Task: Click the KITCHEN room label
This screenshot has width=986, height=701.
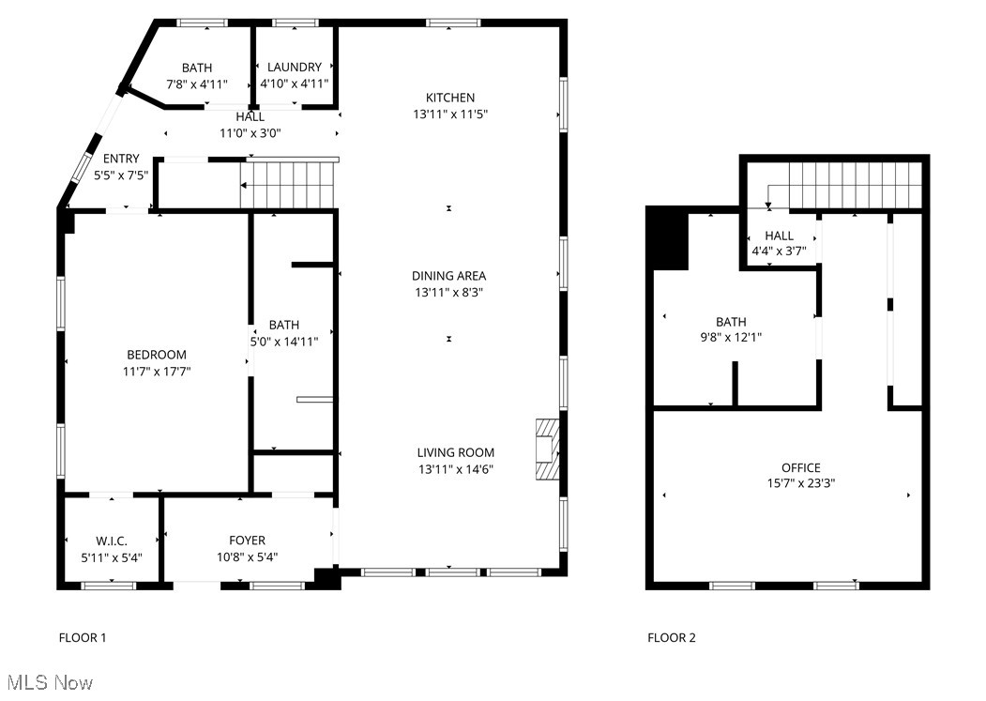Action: coord(450,98)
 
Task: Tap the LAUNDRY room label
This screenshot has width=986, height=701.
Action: coord(294,68)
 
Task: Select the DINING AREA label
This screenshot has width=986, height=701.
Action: coord(450,276)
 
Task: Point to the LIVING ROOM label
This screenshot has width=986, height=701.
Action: coord(456,452)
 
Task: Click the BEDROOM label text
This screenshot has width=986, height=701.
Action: coord(157,355)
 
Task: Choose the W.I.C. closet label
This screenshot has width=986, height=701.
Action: coord(111,541)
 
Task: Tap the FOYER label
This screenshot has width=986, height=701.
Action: coord(247,541)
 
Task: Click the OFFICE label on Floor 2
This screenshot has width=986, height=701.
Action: coord(800,467)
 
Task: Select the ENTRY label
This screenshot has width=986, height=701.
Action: coord(121,159)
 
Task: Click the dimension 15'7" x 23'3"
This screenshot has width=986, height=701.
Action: coord(800,483)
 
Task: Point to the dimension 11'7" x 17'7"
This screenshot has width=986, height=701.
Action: coord(157,371)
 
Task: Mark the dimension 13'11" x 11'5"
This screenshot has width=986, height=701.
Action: coord(450,114)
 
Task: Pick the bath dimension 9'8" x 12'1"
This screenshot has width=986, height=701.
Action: coord(731,338)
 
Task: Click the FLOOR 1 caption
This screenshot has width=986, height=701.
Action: coord(83,638)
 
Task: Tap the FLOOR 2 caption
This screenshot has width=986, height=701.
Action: coord(672,638)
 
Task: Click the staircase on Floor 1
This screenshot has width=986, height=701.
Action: coord(289,184)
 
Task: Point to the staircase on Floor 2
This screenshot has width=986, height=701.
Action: coord(854,184)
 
